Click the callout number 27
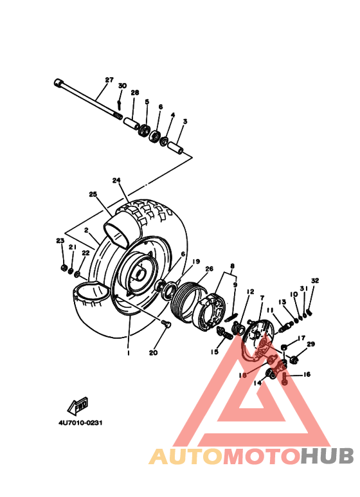pos(109,80)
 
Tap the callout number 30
pos(122,86)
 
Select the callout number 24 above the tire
pos(116,181)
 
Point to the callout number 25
pos(93,194)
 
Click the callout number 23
pos(60,240)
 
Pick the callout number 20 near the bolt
pos(153,352)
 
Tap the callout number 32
pos(315,281)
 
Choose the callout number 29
pos(311,345)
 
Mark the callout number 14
pos(258,383)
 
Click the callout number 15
pos(214,352)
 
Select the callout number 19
pos(178,262)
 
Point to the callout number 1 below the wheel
pos(128,353)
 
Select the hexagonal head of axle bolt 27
pos(59,83)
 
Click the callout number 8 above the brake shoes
pos(233,266)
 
